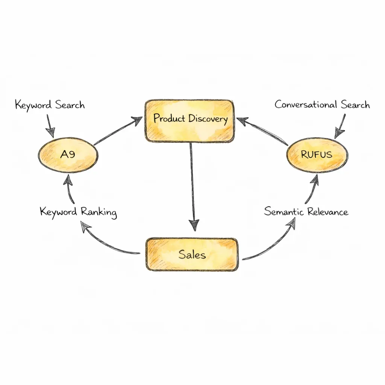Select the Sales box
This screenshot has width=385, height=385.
192,255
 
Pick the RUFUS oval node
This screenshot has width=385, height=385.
317,155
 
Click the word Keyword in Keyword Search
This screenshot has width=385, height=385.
33,105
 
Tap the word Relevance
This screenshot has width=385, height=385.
327,212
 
